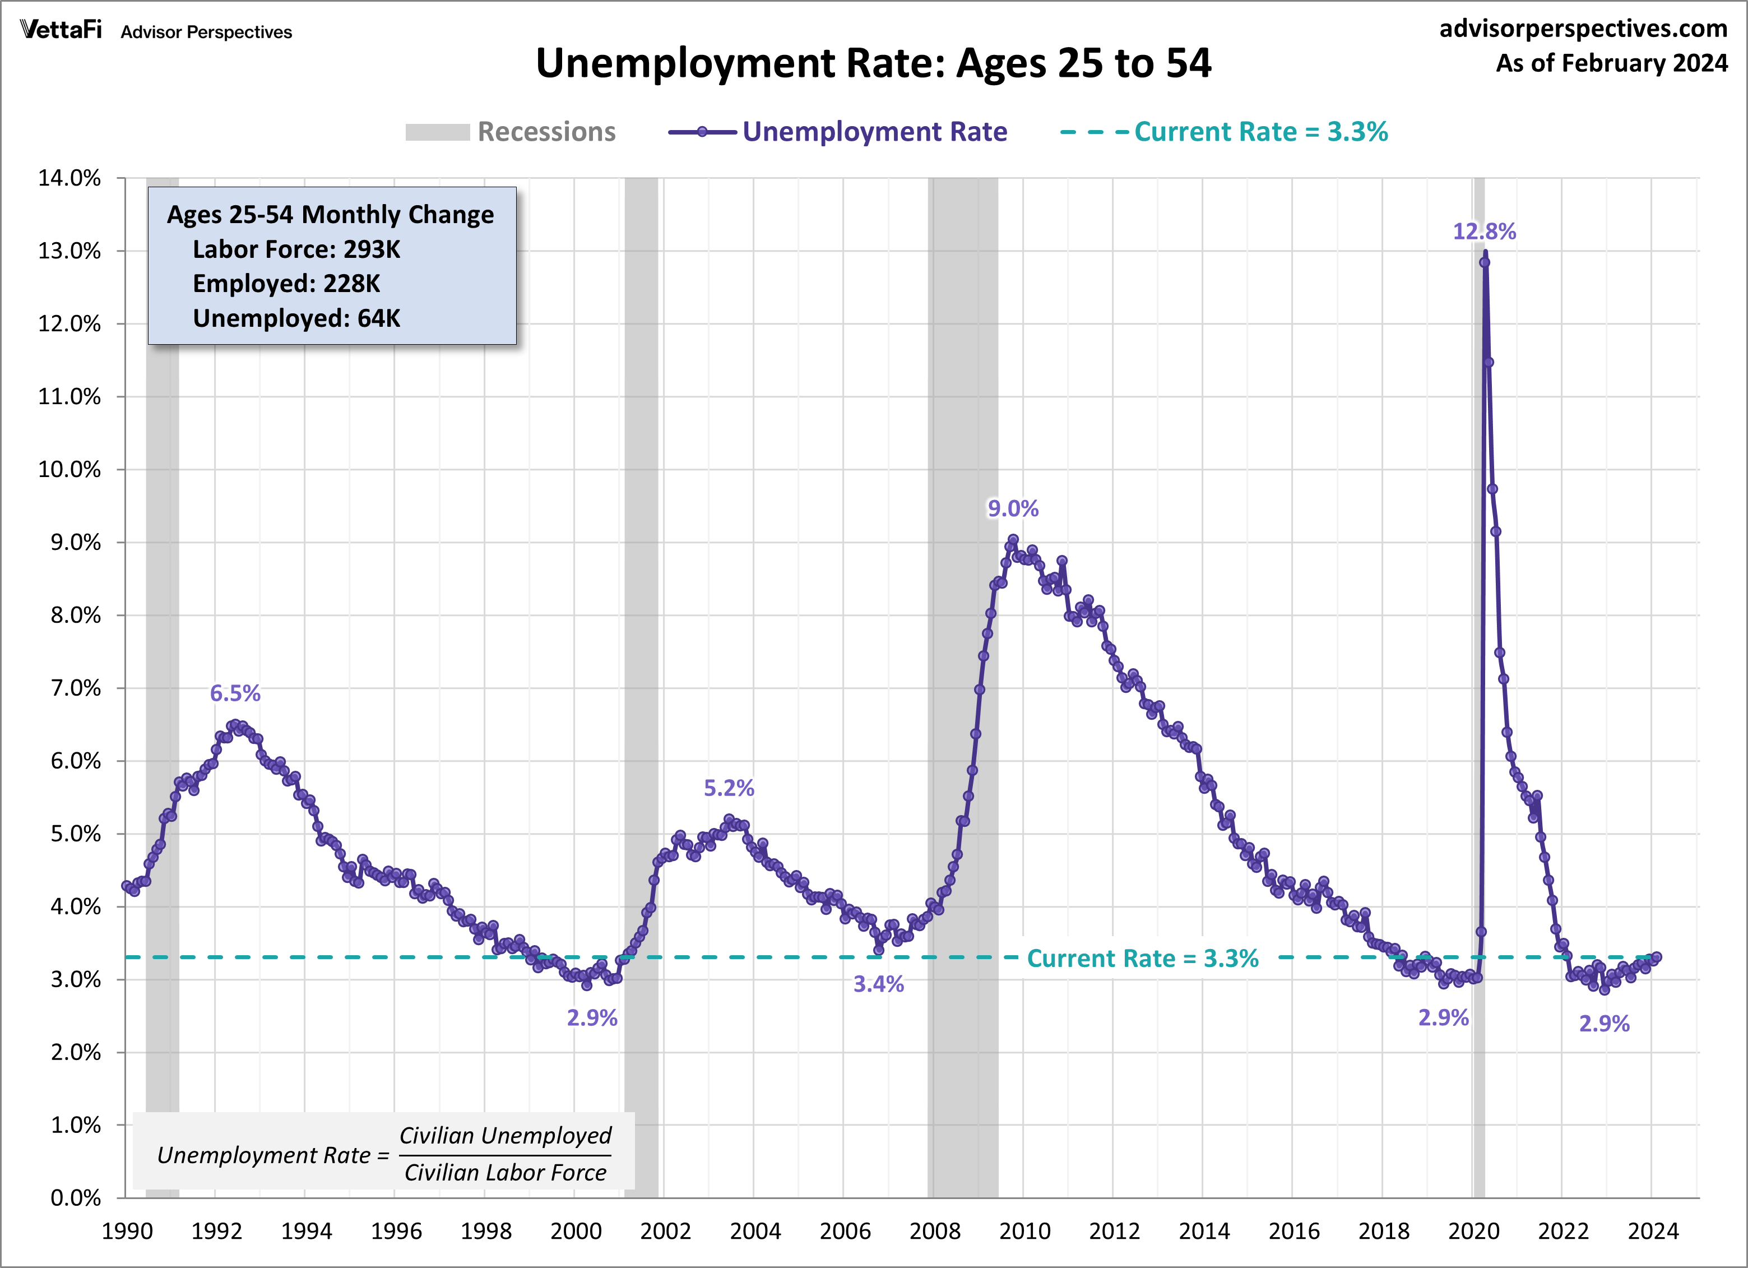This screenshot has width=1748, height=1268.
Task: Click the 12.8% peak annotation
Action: coord(1483,232)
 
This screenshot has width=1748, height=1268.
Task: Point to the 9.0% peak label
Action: coord(1013,509)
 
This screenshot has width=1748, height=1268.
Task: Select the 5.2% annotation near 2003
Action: coord(729,788)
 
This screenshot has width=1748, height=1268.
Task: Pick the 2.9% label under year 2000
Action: coord(592,1018)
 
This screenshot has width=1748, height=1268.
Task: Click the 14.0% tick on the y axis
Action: coord(69,178)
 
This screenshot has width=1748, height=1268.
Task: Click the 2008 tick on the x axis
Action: coord(934,1231)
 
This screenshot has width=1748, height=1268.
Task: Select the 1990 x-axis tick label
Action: coord(127,1231)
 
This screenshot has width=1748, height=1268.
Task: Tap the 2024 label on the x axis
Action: coord(1652,1231)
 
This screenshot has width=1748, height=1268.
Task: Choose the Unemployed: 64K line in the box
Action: coord(296,318)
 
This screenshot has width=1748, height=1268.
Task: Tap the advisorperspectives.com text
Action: coord(1583,29)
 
